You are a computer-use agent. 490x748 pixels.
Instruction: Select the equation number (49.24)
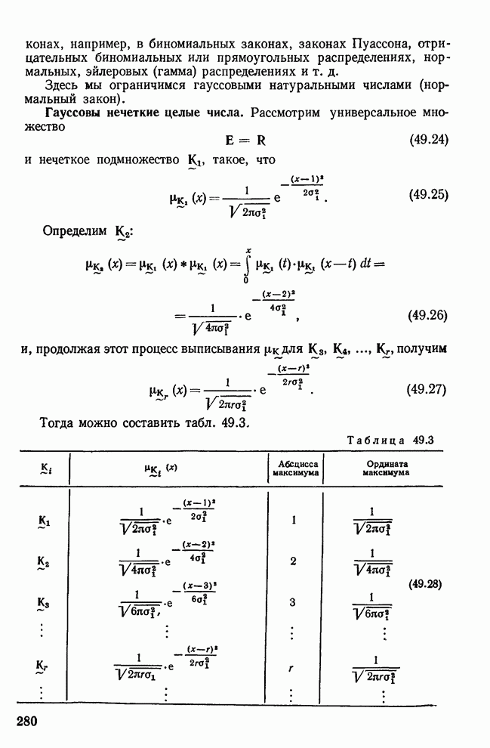coord(428,141)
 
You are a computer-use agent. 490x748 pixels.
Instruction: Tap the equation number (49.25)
coord(428,194)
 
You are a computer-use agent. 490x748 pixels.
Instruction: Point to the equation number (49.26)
coord(428,314)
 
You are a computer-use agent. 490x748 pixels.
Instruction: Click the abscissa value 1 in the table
coord(294,520)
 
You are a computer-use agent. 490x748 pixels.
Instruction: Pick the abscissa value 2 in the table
coord(294,561)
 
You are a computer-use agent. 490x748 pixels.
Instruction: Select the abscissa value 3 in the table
coord(294,601)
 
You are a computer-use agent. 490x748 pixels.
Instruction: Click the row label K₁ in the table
coord(43,521)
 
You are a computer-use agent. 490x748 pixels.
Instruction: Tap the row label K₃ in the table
coord(43,603)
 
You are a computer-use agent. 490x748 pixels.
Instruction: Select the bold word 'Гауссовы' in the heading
coord(70,113)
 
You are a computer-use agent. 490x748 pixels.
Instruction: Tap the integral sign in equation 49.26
coord(248,264)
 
